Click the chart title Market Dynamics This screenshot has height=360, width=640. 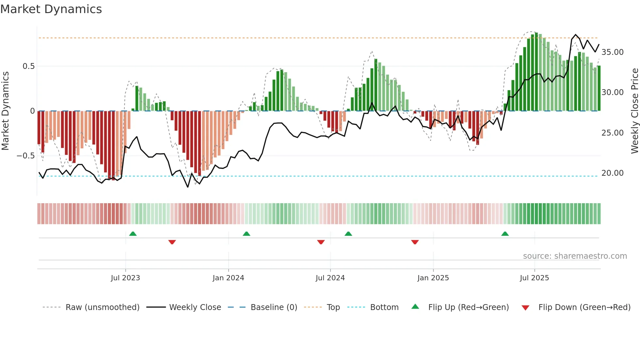51,9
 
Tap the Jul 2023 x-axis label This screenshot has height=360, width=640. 125,278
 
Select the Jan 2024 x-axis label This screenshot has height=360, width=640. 228,278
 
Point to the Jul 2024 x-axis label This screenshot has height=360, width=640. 330,278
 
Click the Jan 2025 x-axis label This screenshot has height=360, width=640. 433,278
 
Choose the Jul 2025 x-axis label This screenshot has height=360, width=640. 535,278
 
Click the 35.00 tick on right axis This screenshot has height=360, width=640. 612,52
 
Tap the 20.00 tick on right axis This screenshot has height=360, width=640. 612,173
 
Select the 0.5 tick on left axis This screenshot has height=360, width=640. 28,66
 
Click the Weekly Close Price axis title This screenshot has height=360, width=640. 634,111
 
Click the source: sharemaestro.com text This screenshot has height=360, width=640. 575,256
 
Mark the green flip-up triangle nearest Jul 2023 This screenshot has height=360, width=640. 133,234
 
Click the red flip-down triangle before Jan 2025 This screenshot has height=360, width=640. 415,242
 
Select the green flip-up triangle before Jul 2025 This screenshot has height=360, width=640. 505,234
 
